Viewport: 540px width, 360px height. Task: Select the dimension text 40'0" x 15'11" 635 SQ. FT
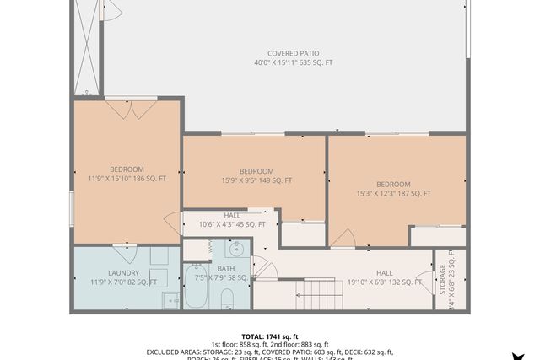click(x=294, y=63)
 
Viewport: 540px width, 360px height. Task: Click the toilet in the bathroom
click(x=226, y=298)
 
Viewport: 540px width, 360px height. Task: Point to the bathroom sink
click(x=236, y=249)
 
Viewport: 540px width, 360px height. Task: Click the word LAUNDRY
click(x=123, y=272)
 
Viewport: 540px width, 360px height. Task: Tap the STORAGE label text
click(x=442, y=278)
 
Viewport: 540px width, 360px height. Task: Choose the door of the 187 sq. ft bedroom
click(x=342, y=239)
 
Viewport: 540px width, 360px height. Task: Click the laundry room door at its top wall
click(x=125, y=248)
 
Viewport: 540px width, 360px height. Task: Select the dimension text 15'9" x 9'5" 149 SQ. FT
click(x=256, y=180)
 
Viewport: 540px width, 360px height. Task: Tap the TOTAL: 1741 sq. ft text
click(x=270, y=336)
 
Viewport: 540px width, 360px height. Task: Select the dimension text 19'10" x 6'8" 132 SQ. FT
click(x=385, y=282)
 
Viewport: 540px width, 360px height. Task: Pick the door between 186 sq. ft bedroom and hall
click(x=173, y=223)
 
